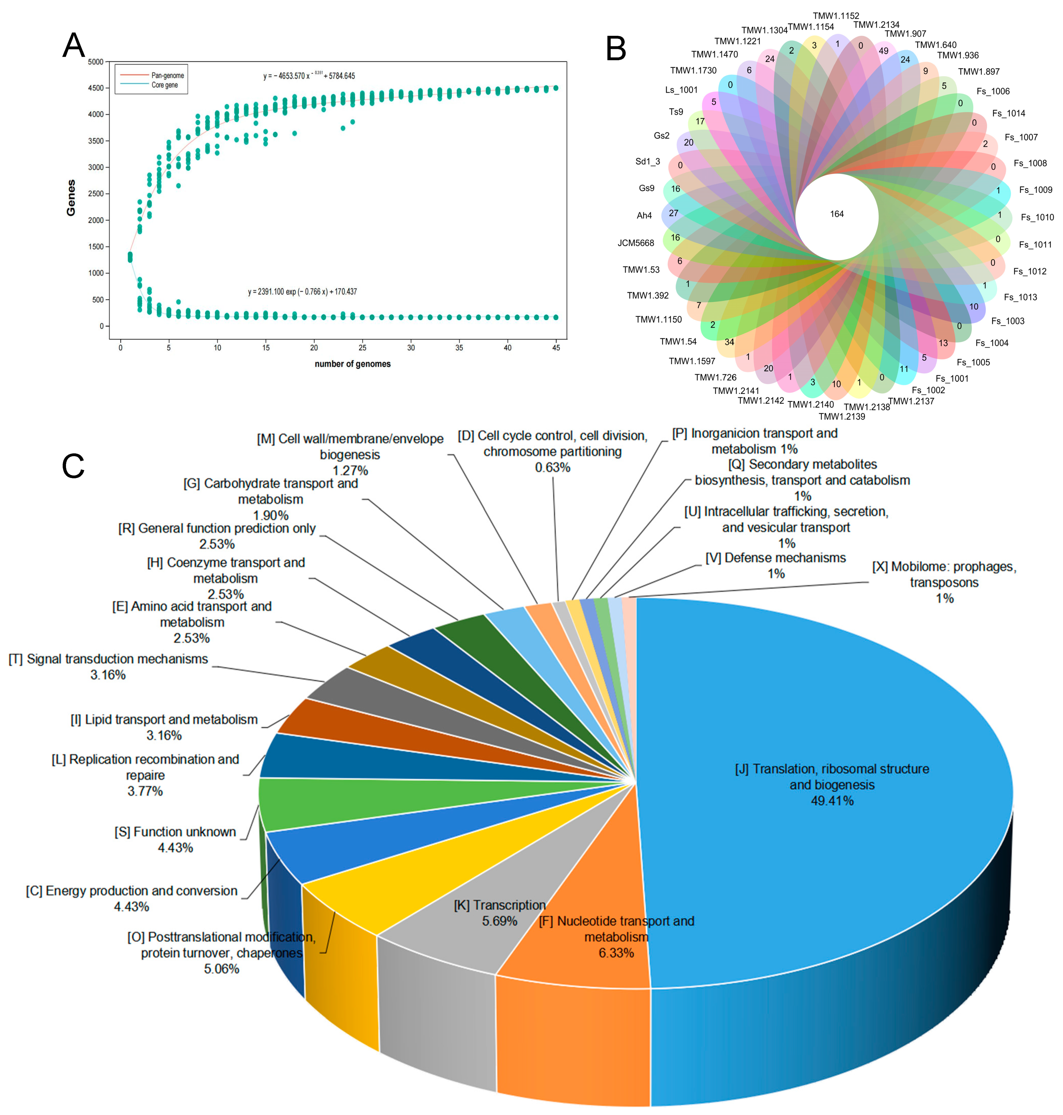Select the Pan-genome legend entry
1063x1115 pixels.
(167, 75)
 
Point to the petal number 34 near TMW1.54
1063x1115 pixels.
(729, 342)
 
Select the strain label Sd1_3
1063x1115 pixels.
(648, 161)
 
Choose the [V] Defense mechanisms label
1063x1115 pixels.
(775, 558)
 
